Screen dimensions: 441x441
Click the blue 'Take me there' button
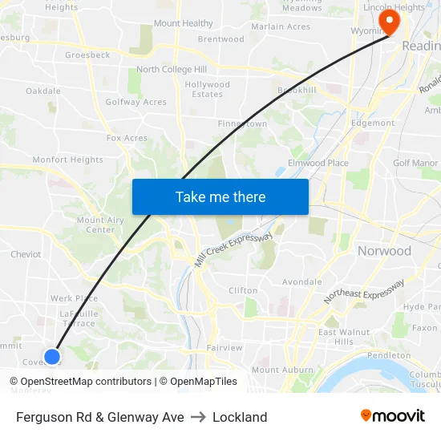[x=220, y=196]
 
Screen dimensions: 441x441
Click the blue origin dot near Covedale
[x=52, y=356]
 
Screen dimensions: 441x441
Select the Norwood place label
[x=383, y=251]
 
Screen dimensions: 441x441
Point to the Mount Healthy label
[x=184, y=23]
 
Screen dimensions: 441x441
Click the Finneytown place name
[x=242, y=124]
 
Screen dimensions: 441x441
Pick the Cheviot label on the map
[x=26, y=254]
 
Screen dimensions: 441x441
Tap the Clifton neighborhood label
[x=243, y=290]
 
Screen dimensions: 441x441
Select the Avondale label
[x=301, y=282]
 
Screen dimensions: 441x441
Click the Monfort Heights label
[x=67, y=160]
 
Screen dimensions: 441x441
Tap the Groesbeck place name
[x=87, y=55]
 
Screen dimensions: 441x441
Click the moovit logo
[x=393, y=416]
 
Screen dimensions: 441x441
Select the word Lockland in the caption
[x=240, y=417]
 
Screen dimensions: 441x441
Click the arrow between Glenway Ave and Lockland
[x=198, y=417]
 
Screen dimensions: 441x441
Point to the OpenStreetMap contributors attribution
[x=85, y=382]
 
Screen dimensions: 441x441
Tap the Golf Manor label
[x=415, y=163]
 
